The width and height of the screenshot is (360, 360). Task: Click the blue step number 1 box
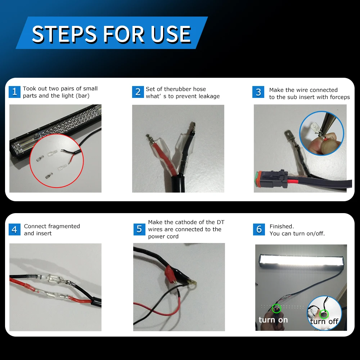14,92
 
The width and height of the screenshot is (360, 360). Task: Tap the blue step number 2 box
138,92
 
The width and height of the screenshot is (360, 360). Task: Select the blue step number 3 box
258,92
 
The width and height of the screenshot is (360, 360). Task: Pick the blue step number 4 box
14,229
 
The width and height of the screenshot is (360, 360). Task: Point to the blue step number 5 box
139,229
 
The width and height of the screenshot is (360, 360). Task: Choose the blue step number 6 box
259,229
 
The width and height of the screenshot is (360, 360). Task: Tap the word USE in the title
171,34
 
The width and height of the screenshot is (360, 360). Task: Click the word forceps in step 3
340,97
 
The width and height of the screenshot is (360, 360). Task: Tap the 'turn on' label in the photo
273,320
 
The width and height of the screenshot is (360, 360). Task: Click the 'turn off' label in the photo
324,321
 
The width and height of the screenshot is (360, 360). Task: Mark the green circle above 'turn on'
276,309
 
